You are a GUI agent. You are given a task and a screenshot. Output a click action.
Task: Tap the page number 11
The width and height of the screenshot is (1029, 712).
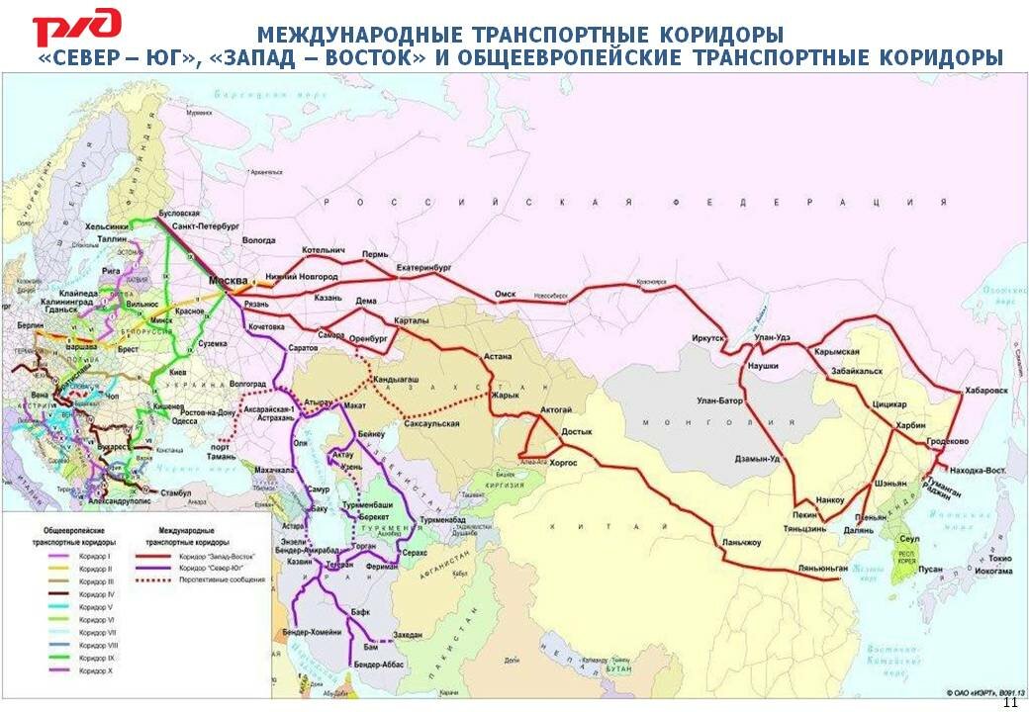tap(1010, 702)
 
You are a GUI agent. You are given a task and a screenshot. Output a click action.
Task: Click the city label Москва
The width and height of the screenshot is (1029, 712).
tap(229, 281)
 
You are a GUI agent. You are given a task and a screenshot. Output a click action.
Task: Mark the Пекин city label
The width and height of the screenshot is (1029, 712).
tap(805, 515)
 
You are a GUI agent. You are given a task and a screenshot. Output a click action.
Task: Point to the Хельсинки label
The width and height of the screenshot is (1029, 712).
tap(106, 225)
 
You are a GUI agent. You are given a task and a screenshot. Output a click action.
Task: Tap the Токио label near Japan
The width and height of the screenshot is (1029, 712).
tap(997, 559)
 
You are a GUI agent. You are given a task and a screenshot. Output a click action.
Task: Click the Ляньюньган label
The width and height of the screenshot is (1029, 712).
tap(822, 568)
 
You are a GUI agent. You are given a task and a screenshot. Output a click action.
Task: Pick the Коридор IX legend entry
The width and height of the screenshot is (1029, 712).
tap(97, 657)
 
